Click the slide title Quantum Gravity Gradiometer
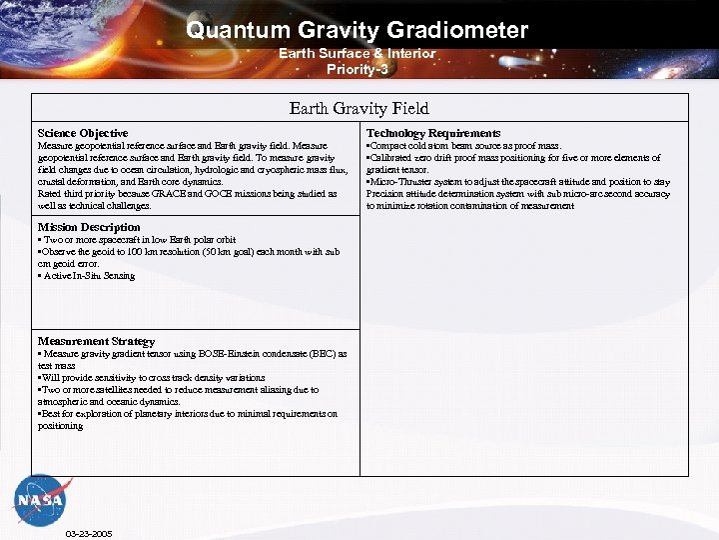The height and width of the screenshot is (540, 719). pyautogui.click(x=357, y=30)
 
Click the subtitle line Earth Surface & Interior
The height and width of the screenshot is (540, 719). pyautogui.click(x=357, y=53)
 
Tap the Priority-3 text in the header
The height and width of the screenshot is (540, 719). pyautogui.click(x=357, y=69)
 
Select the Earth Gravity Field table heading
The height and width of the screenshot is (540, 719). pyautogui.click(x=359, y=108)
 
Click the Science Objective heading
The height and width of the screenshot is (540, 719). pyautogui.click(x=83, y=133)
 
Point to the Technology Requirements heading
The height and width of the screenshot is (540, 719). pyautogui.click(x=433, y=133)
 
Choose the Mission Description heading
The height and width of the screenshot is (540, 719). pyautogui.click(x=89, y=227)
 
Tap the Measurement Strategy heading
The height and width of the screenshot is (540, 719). pyautogui.click(x=96, y=341)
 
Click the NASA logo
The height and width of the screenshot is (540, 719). pyautogui.click(x=40, y=497)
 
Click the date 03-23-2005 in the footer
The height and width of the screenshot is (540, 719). pyautogui.click(x=88, y=533)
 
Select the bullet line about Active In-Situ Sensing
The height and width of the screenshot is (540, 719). pyautogui.click(x=87, y=276)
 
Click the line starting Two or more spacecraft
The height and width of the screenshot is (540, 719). pyautogui.click(x=138, y=240)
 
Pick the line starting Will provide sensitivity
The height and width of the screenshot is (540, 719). pyautogui.click(x=161, y=377)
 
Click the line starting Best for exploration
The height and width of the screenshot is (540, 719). pyautogui.click(x=188, y=413)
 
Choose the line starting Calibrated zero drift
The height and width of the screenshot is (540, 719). pyautogui.click(x=513, y=158)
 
